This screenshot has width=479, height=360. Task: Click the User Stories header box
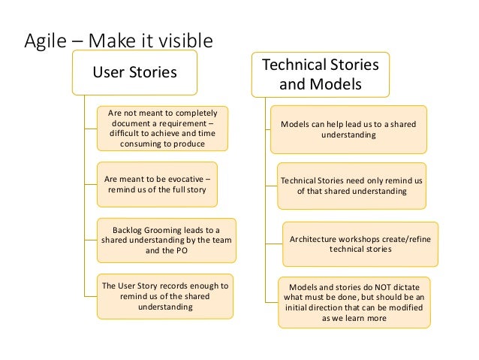tap(134, 73)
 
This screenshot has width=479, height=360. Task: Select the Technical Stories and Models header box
tap(320, 74)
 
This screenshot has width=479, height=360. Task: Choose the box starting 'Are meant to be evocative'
tap(157, 184)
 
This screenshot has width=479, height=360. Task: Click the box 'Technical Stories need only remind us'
tap(352, 186)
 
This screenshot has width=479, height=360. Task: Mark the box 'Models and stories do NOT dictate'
tap(354, 302)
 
